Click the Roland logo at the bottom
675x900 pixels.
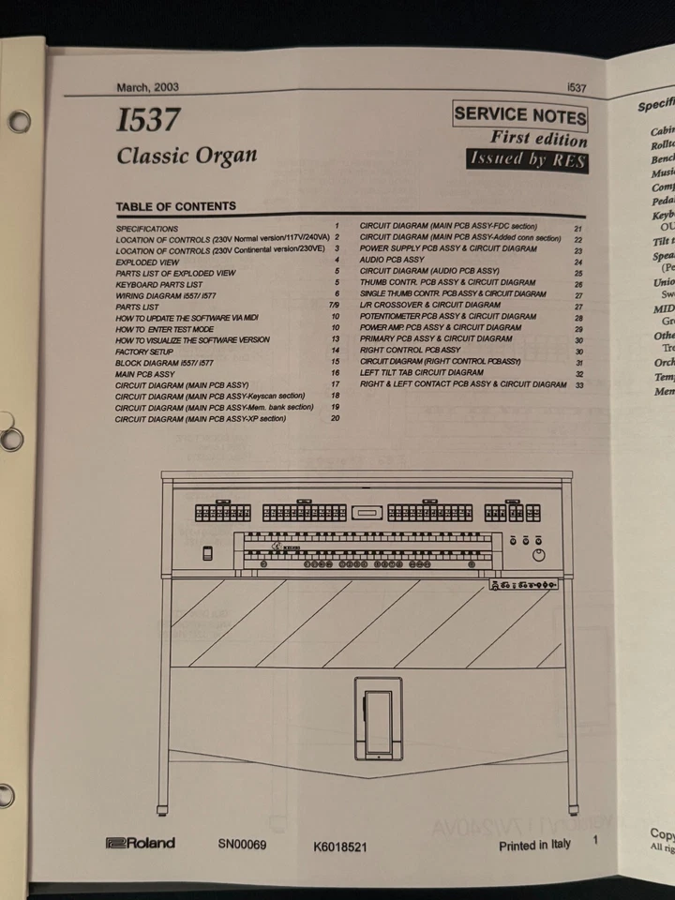141,843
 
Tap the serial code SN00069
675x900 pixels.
242,844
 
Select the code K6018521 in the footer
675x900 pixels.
340,847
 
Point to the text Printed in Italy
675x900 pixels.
534,845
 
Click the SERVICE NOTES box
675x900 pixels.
520,116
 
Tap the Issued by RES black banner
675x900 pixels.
528,159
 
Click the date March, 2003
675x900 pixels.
147,87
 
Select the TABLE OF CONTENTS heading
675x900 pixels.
175,206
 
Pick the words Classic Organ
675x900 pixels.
187,155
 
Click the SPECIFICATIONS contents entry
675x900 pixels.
147,229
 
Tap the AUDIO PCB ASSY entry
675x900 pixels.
392,260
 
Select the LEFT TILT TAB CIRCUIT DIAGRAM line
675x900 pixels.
422,372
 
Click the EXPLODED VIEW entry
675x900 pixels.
148,262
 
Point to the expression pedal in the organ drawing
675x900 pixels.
379,719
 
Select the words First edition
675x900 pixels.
539,139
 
